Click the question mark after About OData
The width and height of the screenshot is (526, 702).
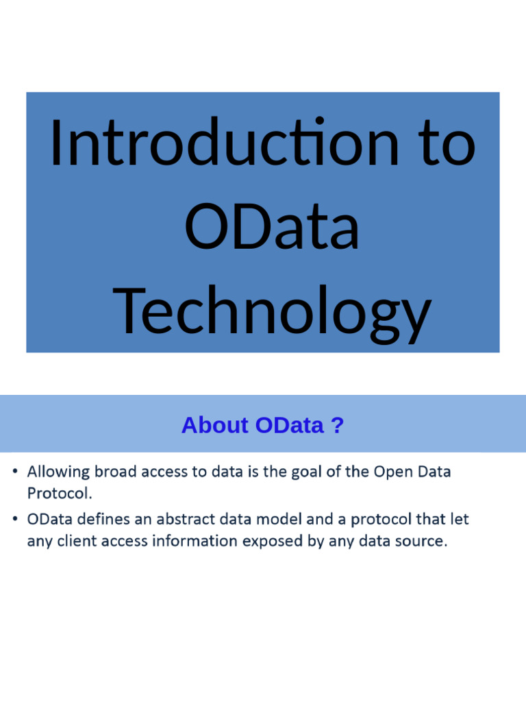(336, 426)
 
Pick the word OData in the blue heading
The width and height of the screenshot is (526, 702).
(289, 426)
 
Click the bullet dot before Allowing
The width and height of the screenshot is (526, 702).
(15, 472)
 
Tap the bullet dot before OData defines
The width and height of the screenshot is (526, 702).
(15, 520)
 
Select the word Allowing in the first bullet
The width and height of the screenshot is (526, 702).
(56, 472)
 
